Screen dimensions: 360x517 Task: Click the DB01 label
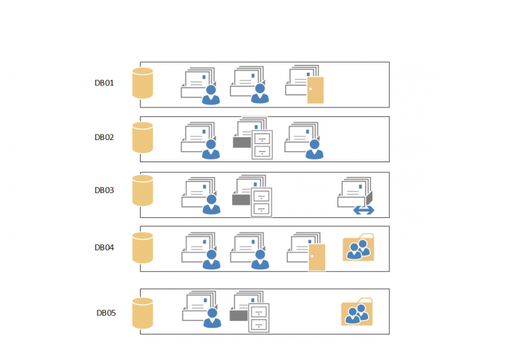[x=104, y=83]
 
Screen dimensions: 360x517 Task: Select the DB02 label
[x=104, y=137]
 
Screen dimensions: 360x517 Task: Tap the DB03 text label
[x=104, y=190]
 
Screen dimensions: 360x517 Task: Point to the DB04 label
[x=104, y=248]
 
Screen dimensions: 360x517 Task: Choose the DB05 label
[x=106, y=313]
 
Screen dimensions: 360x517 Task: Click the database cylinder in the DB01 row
[x=143, y=83]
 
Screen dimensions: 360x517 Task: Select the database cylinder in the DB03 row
[x=143, y=190]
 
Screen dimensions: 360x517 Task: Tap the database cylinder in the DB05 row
[x=143, y=313]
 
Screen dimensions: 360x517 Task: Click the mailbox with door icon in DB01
[x=304, y=85]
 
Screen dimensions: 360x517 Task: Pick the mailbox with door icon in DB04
[x=306, y=252]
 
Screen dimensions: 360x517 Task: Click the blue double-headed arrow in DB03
[x=364, y=211]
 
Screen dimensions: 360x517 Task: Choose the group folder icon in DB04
[x=358, y=248]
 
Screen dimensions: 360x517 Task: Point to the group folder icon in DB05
[x=357, y=312]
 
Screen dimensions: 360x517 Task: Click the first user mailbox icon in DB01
[x=200, y=85]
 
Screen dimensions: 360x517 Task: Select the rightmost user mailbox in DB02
[x=304, y=141]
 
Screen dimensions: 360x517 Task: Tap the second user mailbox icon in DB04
[x=250, y=252]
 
